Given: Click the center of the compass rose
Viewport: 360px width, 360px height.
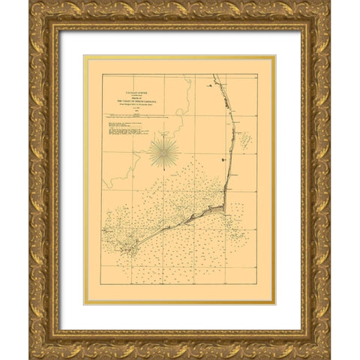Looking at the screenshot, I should [163, 151].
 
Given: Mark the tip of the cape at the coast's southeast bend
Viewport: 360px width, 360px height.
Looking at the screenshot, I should [224, 207].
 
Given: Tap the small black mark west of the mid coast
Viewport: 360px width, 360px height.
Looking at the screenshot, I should [226, 160].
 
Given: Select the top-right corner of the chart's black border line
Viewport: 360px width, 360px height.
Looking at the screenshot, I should [257, 75].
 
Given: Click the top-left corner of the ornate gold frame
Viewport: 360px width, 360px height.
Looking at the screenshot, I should [31, 1].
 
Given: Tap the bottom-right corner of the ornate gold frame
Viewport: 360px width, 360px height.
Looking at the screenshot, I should [329, 358].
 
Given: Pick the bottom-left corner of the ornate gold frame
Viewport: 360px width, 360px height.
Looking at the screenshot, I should [31, 358].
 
